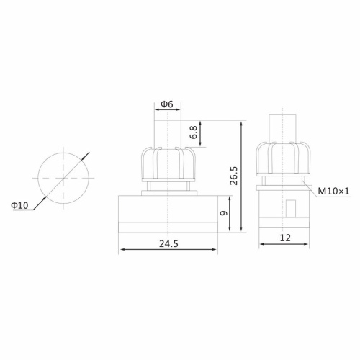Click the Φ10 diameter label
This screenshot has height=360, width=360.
click(x=19, y=205)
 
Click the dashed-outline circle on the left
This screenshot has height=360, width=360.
click(x=61, y=176)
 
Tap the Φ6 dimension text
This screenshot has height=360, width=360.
click(x=166, y=104)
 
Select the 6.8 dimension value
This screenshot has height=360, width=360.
click(x=192, y=133)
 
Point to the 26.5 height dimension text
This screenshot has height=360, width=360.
click(x=233, y=176)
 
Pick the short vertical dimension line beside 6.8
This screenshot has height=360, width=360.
click(x=202, y=133)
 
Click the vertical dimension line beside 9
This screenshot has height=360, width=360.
click(x=230, y=212)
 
